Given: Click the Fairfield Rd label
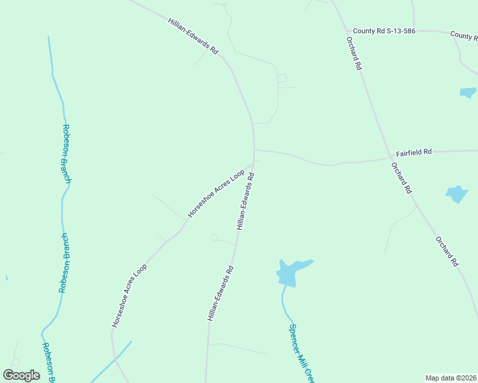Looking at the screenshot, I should (x=413, y=152).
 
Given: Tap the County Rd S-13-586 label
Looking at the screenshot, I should (x=385, y=31).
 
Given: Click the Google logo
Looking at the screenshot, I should (x=21, y=375).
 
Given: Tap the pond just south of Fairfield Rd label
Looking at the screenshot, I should (x=457, y=193).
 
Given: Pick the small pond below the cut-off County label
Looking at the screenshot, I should (x=468, y=92).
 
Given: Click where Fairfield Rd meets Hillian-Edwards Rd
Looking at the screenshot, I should (x=254, y=150).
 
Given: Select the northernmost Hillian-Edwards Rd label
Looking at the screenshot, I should (x=193, y=36).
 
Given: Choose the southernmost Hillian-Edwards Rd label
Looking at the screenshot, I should (x=220, y=293).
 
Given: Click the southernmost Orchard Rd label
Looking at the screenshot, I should (x=447, y=252).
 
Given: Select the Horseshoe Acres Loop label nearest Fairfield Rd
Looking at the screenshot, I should (x=216, y=193).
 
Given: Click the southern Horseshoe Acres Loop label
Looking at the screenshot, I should (x=129, y=296).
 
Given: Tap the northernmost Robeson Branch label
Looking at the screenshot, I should (x=66, y=154).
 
